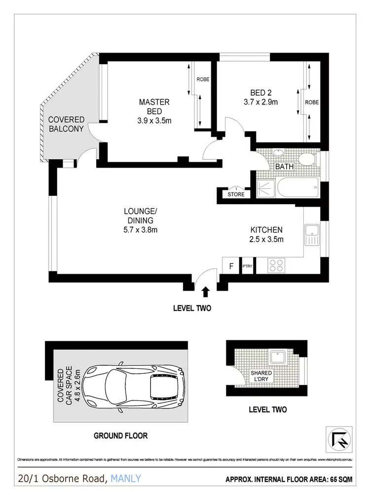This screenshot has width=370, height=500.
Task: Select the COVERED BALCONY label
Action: pyautogui.click(x=66, y=124)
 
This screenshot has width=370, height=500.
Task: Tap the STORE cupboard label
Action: pyautogui.click(x=236, y=194)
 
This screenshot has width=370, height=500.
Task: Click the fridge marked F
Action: pyautogui.click(x=231, y=266)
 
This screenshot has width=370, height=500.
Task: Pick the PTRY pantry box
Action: pyautogui.click(x=247, y=266)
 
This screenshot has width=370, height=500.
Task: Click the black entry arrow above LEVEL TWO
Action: pyautogui.click(x=206, y=292)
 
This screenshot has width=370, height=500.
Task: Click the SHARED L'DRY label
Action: pyautogui.click(x=260, y=377)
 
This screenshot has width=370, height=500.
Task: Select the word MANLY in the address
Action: pyautogui.click(x=126, y=478)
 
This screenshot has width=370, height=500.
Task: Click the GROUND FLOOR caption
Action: pyautogui.click(x=121, y=436)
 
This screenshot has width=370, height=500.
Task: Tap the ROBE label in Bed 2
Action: pyautogui.click(x=311, y=103)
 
